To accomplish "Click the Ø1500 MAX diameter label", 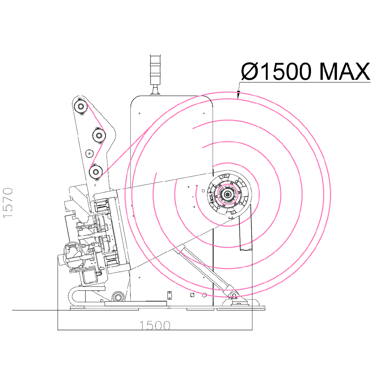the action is click(305, 71).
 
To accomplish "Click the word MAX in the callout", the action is click(345, 71).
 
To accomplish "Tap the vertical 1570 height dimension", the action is click(8, 203).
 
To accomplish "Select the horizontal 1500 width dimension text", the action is click(155, 325).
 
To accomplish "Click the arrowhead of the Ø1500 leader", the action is click(238, 95).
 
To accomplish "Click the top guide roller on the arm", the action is click(80, 107).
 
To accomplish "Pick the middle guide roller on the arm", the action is click(99, 135).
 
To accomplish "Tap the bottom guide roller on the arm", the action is click(95, 171).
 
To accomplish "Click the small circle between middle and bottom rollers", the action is click(89, 153).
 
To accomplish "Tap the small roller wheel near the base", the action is click(117, 297).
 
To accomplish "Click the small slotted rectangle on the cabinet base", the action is click(169, 295).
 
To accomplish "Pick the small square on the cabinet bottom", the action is click(193, 295).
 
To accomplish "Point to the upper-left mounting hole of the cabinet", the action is click(140, 113).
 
